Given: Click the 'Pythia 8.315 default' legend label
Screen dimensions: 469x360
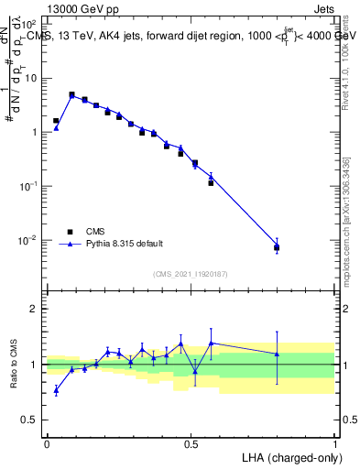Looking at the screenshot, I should click(125, 244).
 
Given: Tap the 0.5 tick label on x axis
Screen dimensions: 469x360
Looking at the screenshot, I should click(191, 442).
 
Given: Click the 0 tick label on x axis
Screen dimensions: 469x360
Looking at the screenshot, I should click(47, 442).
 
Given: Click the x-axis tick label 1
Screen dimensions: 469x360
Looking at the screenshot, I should click(335, 442).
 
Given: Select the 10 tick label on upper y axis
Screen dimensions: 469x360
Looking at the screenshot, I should click(31, 78).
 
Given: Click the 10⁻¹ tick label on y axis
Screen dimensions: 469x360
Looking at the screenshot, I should click(29, 186).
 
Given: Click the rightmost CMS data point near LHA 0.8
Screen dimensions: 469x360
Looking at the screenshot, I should click(277, 247).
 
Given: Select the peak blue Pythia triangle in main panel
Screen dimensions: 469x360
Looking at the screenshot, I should click(71, 96).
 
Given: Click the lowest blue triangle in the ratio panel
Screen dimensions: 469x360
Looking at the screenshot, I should click(56, 390).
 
